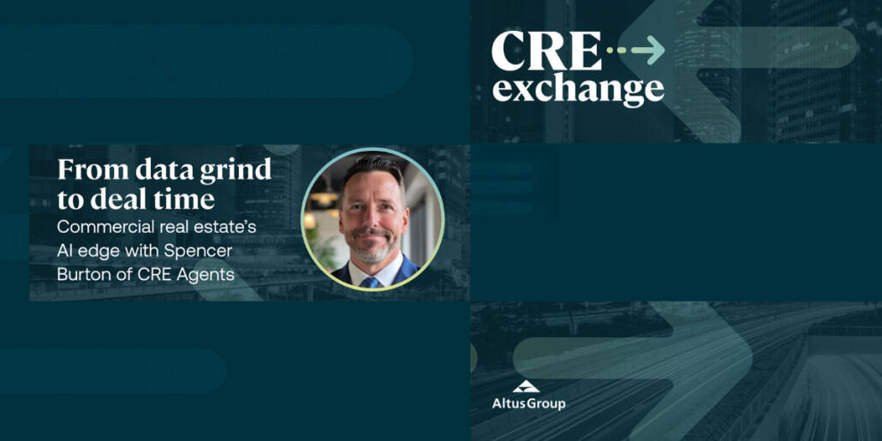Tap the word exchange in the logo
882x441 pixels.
click(x=578, y=90)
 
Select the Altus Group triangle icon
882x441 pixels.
click(x=526, y=387)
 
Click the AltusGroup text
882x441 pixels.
click(x=528, y=403)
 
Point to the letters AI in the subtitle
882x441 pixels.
click(x=65, y=251)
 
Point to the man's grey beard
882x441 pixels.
click(x=372, y=253)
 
